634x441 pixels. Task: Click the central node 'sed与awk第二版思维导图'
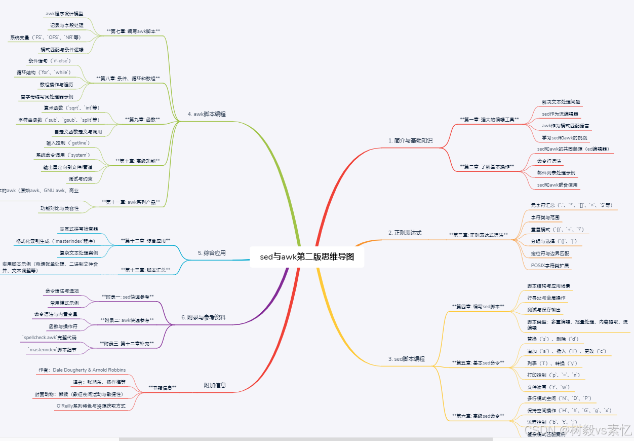tap(307, 257)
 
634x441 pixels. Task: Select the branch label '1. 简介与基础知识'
tap(411, 140)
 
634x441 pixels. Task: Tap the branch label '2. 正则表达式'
tap(405, 233)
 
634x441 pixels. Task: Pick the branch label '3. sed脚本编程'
tap(406, 358)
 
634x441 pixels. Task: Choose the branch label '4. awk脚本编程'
tap(207, 114)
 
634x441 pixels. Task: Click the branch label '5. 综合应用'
tap(212, 252)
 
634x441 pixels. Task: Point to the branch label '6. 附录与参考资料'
tap(204, 317)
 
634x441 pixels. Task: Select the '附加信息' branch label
tap(215, 385)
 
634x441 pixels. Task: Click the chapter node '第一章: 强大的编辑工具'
tap(489, 119)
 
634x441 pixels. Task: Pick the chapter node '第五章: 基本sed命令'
tap(478, 362)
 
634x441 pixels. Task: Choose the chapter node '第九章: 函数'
tap(142, 119)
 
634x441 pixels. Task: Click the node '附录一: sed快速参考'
tap(128, 296)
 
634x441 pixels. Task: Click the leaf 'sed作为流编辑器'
tap(560, 114)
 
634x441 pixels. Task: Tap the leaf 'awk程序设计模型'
tap(64, 13)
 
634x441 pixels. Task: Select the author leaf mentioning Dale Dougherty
tap(82, 370)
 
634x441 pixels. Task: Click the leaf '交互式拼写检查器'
tap(79, 229)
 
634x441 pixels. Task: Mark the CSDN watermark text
tap(578, 430)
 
